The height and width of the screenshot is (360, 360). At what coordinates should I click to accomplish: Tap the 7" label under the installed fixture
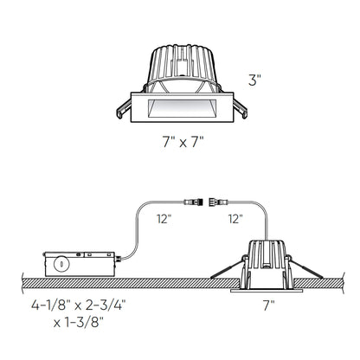(268, 304)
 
